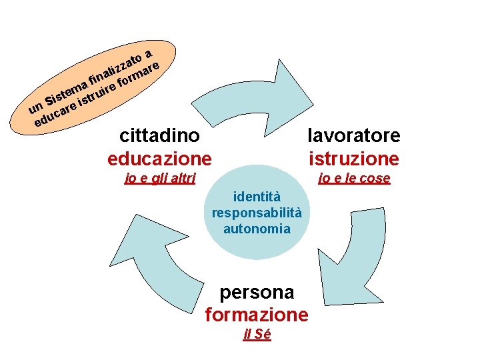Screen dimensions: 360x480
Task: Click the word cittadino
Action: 159,136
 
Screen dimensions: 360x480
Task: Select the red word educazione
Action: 159,159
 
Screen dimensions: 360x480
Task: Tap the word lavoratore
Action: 353,136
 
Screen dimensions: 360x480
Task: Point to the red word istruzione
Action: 353,159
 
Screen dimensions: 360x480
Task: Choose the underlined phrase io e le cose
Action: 354,178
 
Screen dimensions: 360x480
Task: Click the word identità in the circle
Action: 257,197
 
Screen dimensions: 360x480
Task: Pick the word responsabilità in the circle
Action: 257,213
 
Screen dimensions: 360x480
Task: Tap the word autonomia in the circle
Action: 257,229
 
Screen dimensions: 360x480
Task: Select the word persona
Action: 257,292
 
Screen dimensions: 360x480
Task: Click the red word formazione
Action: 257,314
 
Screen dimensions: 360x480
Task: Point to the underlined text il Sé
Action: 257,335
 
